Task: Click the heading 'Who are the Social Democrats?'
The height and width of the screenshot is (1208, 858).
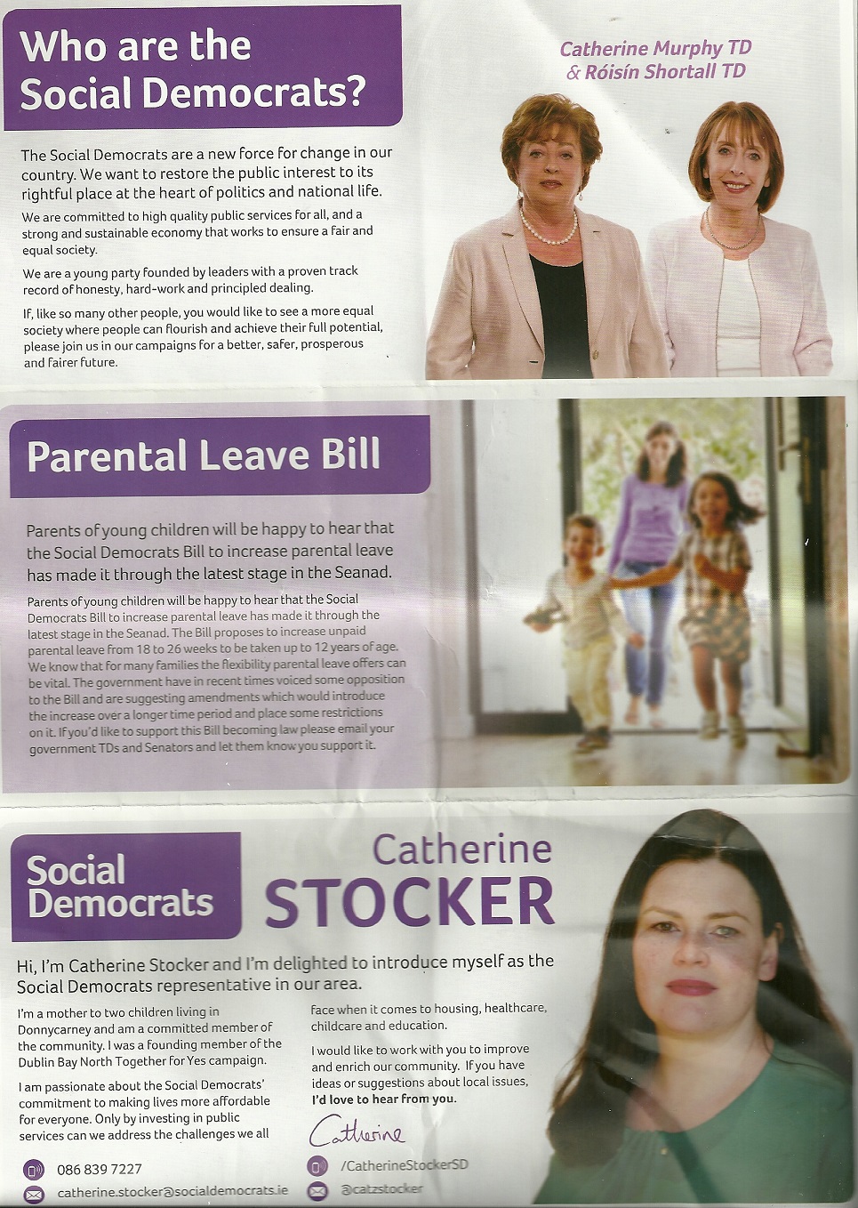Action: coord(194,69)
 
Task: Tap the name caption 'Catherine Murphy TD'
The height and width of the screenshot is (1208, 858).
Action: coord(655,48)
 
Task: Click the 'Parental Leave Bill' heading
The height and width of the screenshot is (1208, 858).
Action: coord(204,455)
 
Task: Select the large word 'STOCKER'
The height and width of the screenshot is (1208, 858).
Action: coord(409,902)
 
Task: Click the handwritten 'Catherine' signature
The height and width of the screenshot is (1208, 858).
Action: coord(356,1131)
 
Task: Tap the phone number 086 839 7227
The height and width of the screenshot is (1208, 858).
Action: coord(99,1169)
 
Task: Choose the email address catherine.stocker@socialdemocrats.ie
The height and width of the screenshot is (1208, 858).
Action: coord(172,1192)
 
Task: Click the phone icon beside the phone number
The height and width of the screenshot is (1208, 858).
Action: coord(34,1170)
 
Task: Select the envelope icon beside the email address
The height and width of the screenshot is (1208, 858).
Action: coord(34,1194)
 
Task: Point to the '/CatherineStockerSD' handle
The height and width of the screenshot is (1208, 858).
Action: coord(404,1164)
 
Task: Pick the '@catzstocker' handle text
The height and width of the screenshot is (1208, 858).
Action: coord(381,1188)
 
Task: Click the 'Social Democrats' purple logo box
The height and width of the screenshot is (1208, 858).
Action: coord(124,886)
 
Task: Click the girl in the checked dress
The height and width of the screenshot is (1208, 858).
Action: coord(716,587)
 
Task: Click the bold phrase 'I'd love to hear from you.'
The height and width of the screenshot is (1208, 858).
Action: coord(383,1099)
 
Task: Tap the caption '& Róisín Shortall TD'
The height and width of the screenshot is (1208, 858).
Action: coord(655,72)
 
